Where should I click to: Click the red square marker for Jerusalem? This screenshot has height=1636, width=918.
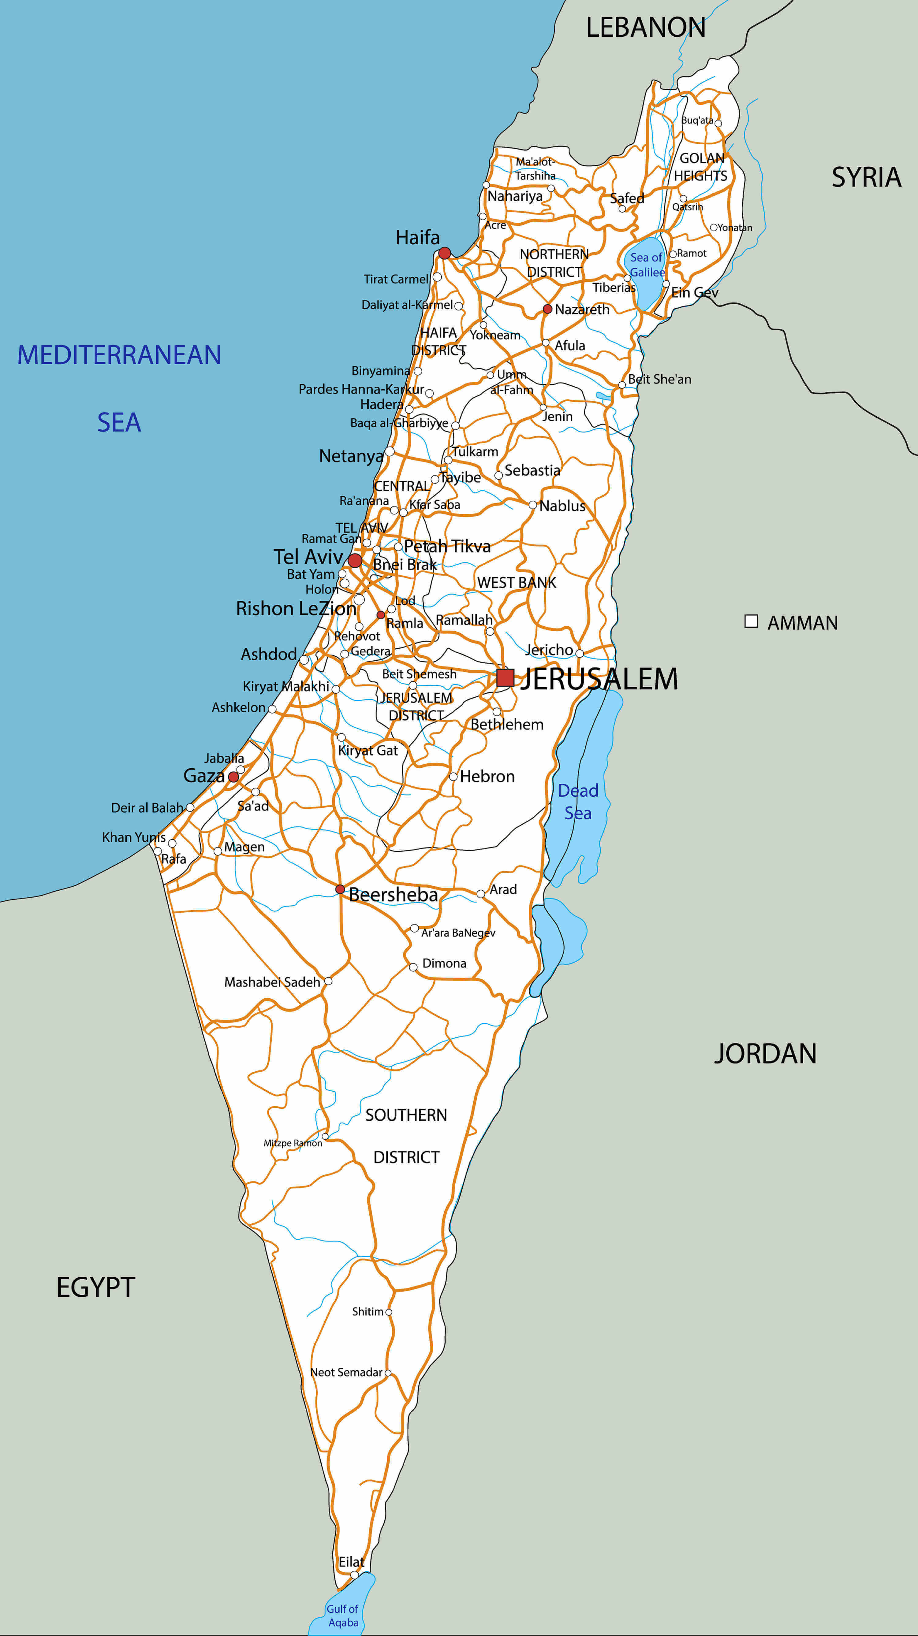[x=505, y=678]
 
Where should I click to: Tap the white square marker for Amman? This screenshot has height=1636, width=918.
[x=751, y=621]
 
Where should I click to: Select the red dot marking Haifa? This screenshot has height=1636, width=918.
[x=445, y=254]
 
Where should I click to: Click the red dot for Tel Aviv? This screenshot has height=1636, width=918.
[x=355, y=560]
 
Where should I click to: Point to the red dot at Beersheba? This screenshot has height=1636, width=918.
[x=340, y=889]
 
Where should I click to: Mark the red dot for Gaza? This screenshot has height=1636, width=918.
[x=233, y=777]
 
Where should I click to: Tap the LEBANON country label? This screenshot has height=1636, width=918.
[x=645, y=28]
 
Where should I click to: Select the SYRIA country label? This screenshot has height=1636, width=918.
[x=866, y=177]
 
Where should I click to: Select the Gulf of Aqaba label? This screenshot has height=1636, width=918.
[x=342, y=1616]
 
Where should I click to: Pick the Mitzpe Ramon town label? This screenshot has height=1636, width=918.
[x=293, y=1143]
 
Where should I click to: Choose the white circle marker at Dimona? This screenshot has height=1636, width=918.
[x=413, y=967]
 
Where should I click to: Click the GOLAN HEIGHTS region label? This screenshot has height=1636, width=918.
[x=701, y=167]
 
